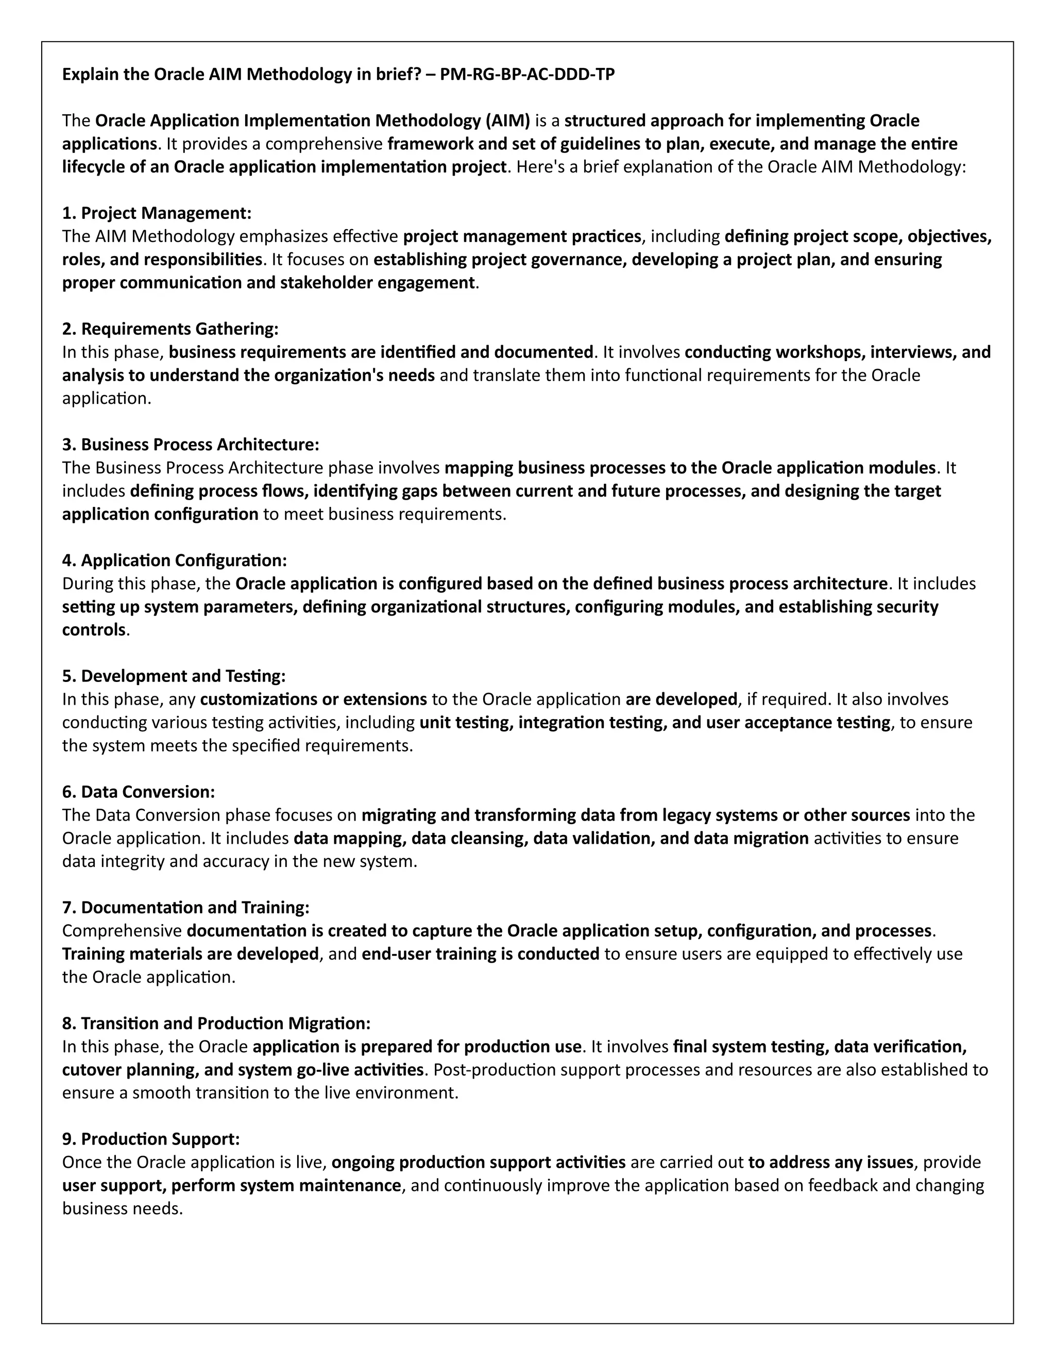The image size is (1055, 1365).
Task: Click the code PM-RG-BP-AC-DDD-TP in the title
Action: (527, 74)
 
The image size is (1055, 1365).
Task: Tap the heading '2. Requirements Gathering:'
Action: (170, 329)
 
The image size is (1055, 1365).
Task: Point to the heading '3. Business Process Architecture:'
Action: (191, 445)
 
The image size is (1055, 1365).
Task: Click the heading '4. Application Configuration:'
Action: (175, 560)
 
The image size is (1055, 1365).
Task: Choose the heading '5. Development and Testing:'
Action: (174, 676)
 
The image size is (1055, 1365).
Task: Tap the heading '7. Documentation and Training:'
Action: (185, 908)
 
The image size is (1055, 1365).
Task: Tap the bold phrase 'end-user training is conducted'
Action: (480, 954)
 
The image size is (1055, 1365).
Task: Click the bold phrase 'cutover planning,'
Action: (131, 1070)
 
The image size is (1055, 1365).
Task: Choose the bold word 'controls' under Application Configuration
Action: (94, 630)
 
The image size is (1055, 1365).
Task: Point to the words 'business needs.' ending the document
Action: (123, 1209)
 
